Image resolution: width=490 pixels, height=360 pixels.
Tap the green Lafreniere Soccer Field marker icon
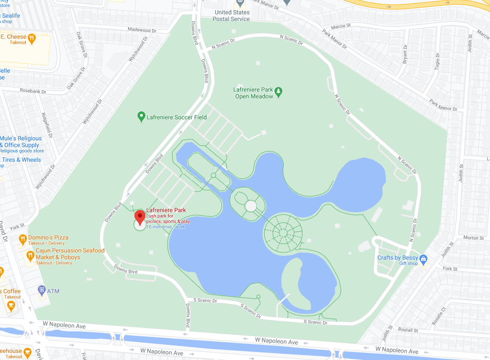(141, 117)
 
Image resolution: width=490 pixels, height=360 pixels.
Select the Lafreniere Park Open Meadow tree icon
(278, 91)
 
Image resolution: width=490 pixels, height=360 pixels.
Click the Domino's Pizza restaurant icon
(23, 240)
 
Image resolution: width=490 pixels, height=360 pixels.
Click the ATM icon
(42, 290)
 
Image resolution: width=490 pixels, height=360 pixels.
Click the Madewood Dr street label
(142, 30)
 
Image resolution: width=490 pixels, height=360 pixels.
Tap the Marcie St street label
(341, 26)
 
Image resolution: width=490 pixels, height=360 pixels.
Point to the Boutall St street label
(408, 330)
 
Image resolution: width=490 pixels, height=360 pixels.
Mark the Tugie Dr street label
(437, 61)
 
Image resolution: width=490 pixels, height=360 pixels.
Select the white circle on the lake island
(250, 206)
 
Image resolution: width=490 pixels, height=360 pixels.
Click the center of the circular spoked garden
(283, 233)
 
